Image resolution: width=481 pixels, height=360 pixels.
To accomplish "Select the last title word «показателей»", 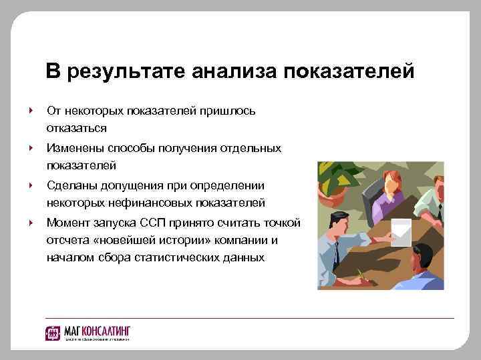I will [349, 71].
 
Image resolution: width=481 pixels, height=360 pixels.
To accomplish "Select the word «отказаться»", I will [77, 127].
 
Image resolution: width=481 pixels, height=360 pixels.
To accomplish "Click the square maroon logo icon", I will [53, 333].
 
